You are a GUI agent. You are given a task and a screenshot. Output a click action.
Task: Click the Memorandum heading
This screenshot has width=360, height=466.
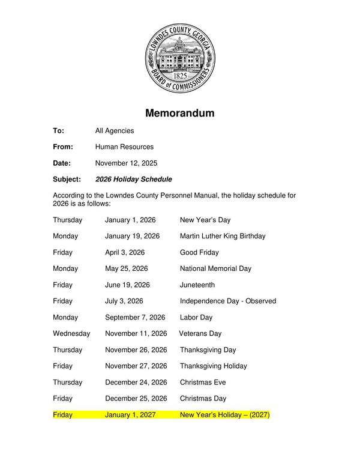coord(179,113)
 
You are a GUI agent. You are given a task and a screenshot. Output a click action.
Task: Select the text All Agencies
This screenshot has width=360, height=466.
coord(115,130)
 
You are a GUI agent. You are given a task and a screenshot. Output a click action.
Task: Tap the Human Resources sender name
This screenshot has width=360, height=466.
coord(124,147)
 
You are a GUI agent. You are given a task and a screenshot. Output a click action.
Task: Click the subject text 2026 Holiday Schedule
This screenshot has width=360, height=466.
coord(134,179)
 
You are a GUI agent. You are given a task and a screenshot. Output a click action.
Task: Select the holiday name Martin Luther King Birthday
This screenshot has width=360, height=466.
coord(223,236)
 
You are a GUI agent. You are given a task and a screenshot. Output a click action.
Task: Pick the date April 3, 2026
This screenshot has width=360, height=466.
coord(125,252)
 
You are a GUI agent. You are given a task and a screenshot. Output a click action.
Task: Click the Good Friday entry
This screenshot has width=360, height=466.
coord(199,252)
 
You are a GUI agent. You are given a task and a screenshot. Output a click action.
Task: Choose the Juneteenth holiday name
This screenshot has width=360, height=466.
coord(197,285)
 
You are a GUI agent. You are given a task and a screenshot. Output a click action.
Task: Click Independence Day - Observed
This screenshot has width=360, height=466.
coord(228,301)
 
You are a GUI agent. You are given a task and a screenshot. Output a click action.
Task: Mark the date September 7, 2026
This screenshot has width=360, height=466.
coord(135,317)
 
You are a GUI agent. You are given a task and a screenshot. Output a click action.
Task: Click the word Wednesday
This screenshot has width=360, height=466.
coord(71,333)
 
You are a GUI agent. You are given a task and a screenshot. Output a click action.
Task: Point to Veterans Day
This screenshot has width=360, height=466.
coord(200,333)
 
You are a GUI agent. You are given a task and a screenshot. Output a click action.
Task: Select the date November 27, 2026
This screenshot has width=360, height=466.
coord(136,366)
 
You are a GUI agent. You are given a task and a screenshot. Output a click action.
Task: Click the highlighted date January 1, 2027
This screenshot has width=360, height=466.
coord(130,415)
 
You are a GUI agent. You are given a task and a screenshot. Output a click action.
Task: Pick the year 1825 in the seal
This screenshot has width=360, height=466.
coord(179,76)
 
